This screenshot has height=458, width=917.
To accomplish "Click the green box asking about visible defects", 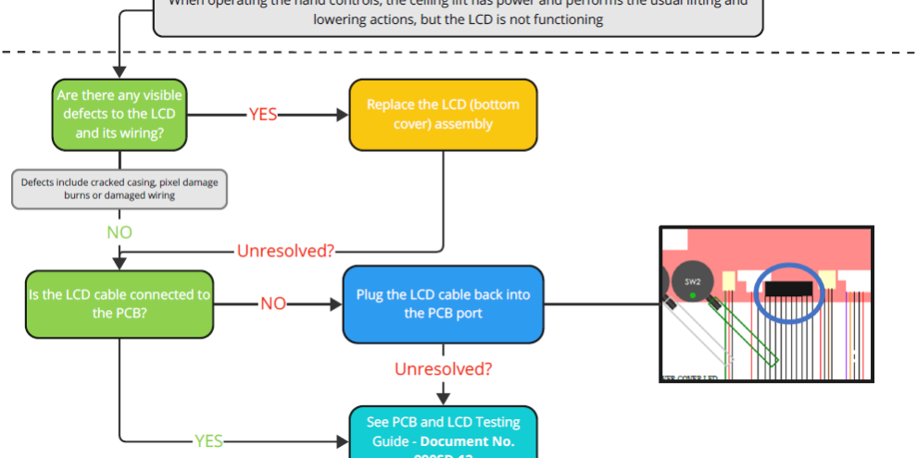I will click(x=119, y=114).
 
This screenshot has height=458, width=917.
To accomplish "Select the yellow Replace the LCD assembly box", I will click(x=443, y=114).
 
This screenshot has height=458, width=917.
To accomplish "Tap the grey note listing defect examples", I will click(x=119, y=189).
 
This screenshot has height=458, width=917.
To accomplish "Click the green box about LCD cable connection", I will click(x=119, y=303).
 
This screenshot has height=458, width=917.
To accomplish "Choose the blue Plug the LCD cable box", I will click(x=443, y=303).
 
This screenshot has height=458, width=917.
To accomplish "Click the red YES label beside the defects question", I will click(x=262, y=114).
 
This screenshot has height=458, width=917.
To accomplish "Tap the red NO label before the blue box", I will click(x=273, y=303).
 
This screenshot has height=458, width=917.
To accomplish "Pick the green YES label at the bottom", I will click(x=208, y=441).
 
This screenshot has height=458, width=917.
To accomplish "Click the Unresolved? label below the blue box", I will click(x=443, y=369).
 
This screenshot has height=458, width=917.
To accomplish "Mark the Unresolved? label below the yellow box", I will click(x=285, y=250).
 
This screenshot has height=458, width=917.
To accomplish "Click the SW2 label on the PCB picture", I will click(x=693, y=281).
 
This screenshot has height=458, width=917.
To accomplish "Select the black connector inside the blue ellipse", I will click(x=789, y=290).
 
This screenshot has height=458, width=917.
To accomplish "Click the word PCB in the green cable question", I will click(x=119, y=314).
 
